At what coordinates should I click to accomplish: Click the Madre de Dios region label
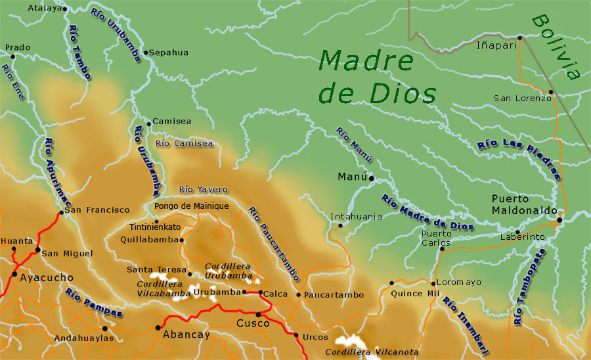pyautogui.click(x=377, y=78)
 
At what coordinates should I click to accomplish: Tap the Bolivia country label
pyautogui.click(x=557, y=47)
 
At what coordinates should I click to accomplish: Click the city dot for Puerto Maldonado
pyautogui.click(x=559, y=220)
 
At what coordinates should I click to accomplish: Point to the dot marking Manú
pyautogui.click(x=371, y=178)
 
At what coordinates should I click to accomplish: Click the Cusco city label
pyautogui.click(x=253, y=323)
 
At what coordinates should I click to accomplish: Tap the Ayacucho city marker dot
pyautogui.click(x=14, y=274)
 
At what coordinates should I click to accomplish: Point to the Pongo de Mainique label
pyautogui.click(x=191, y=206)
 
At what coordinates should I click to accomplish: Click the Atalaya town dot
pyautogui.click(x=64, y=9)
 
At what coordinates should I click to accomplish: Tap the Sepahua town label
pyautogui.click(x=169, y=53)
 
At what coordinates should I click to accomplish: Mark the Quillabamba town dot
pyautogui.click(x=182, y=240)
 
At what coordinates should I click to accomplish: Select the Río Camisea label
pyautogui.click(x=185, y=143)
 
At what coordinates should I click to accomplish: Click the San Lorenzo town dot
pyautogui.click(x=552, y=93)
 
